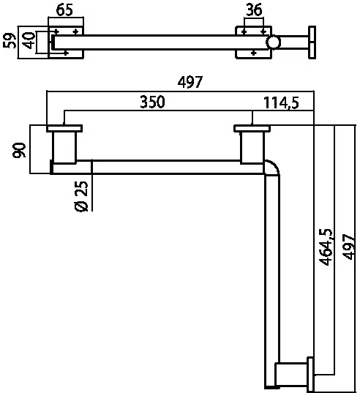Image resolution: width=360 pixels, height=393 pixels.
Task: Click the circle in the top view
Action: (273, 42)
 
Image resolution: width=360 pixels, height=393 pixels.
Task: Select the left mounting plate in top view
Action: (67, 42)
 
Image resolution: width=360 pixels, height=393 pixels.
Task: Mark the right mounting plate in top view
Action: (253, 42)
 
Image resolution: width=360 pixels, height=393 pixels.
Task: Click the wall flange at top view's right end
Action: (313, 42)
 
